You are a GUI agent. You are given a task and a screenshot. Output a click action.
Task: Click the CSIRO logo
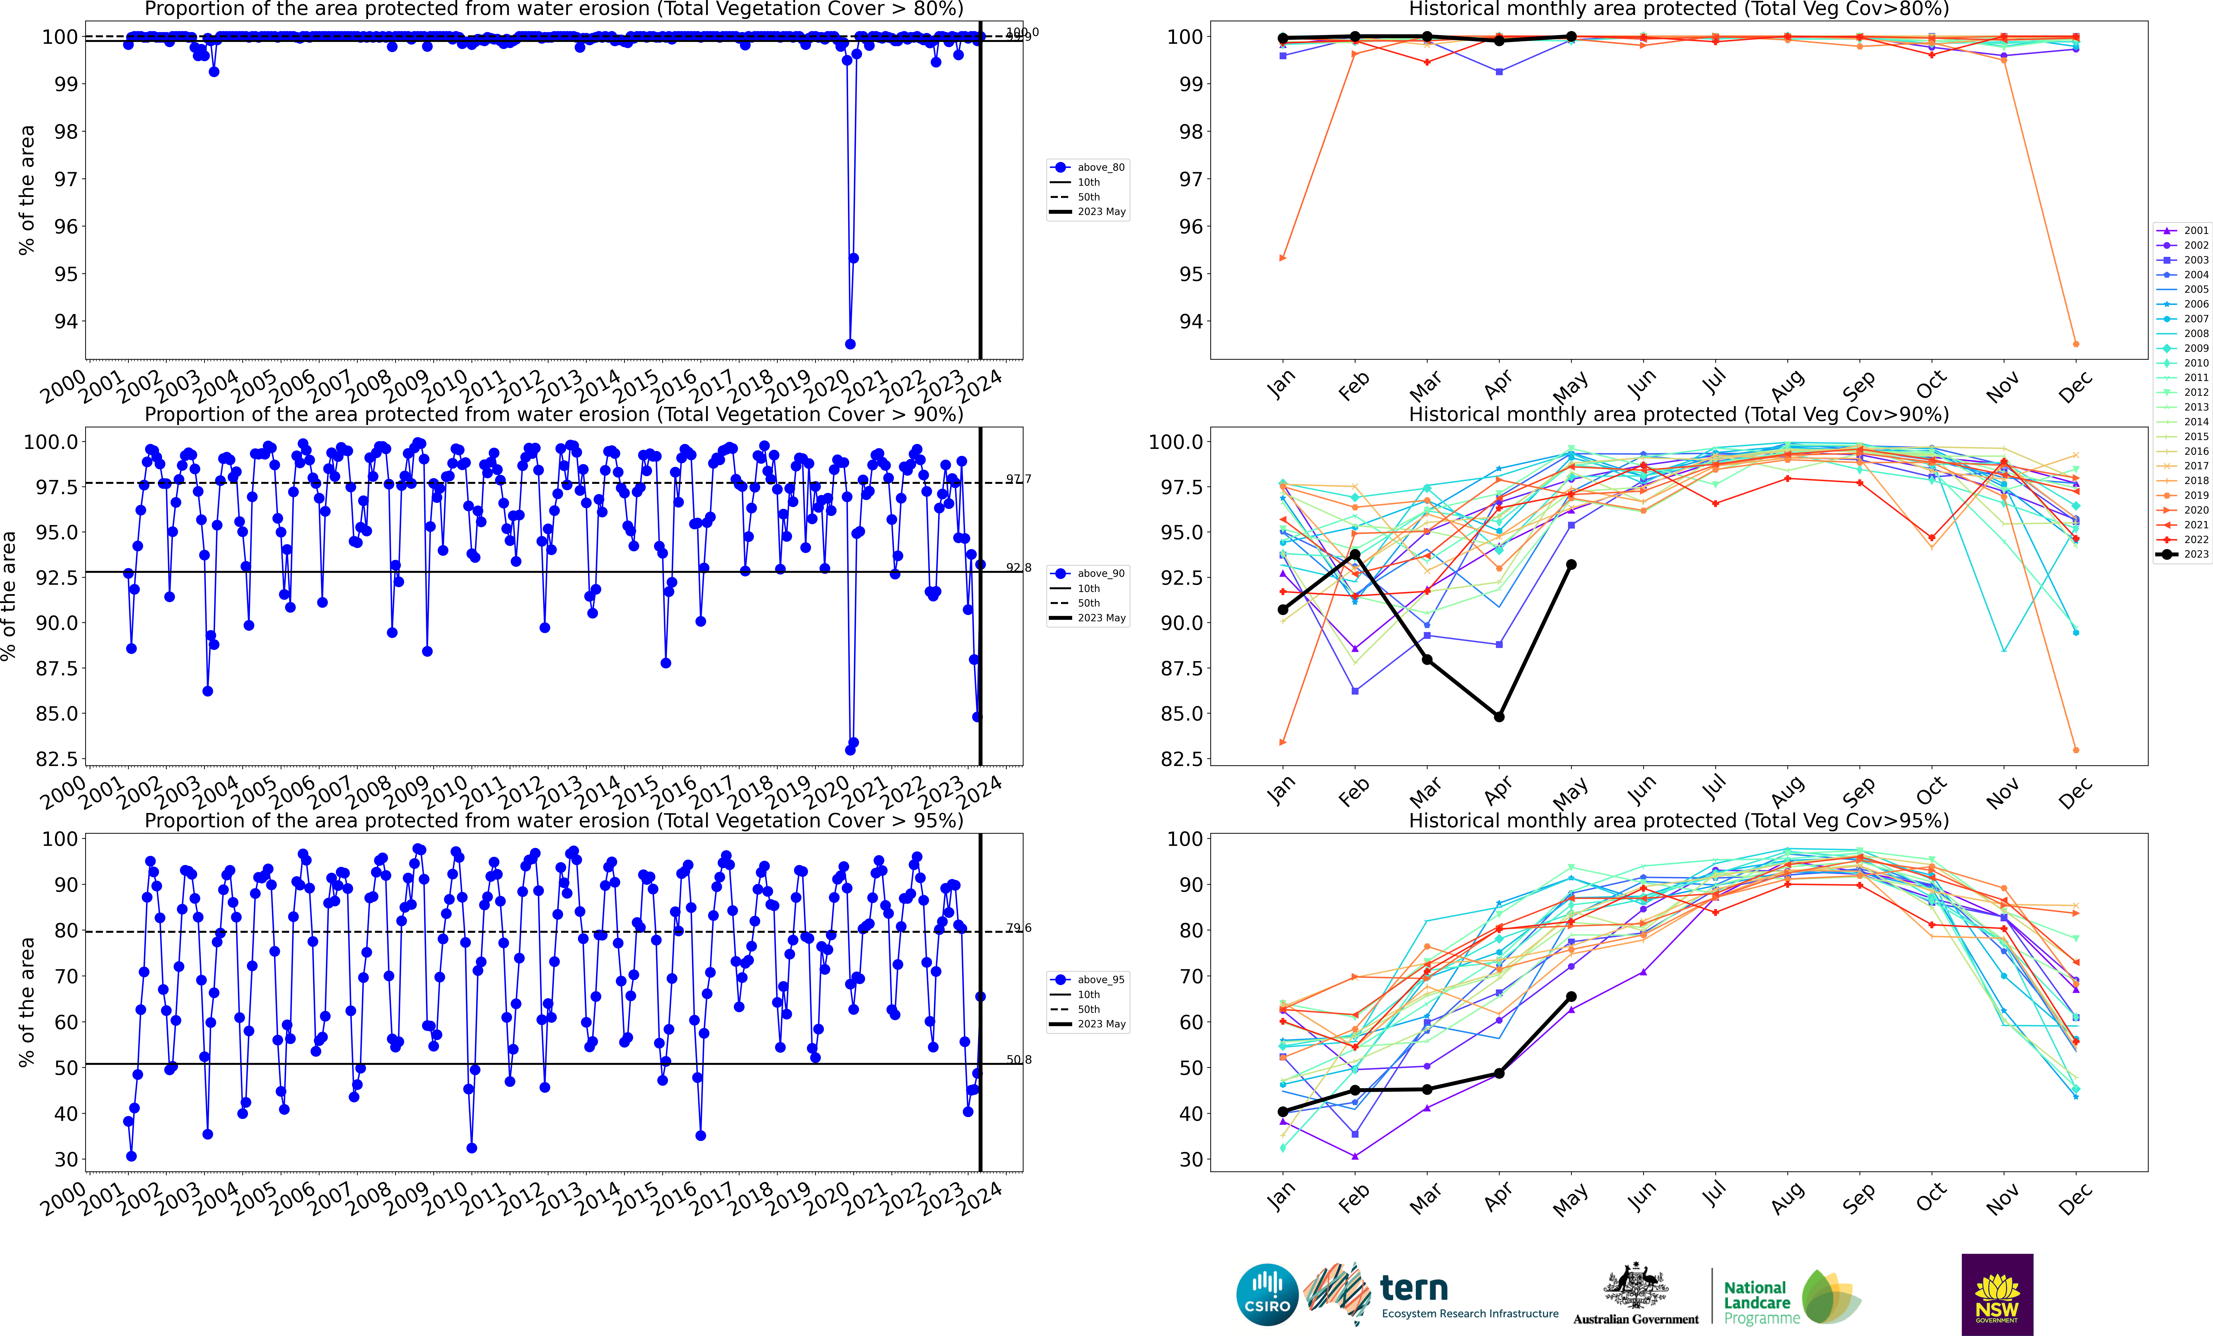[x=1266, y=1295]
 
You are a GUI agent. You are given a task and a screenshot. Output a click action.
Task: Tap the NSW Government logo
[x=1996, y=1295]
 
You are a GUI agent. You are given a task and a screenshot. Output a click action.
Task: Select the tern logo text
[x=1414, y=1288]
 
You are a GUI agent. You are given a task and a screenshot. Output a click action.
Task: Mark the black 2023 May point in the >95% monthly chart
[x=1571, y=996]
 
